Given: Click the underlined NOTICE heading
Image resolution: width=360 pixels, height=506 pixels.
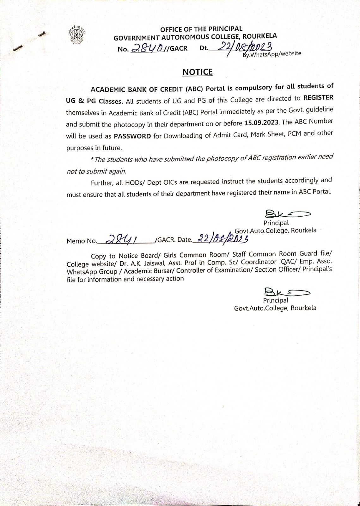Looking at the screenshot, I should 198,72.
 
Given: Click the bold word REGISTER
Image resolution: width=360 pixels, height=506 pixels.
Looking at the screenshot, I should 318,98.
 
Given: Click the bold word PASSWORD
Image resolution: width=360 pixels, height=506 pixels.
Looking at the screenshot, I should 132,136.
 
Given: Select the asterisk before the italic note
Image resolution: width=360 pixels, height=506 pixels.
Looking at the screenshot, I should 92,159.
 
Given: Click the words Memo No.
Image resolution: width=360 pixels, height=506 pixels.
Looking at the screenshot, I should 82,241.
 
